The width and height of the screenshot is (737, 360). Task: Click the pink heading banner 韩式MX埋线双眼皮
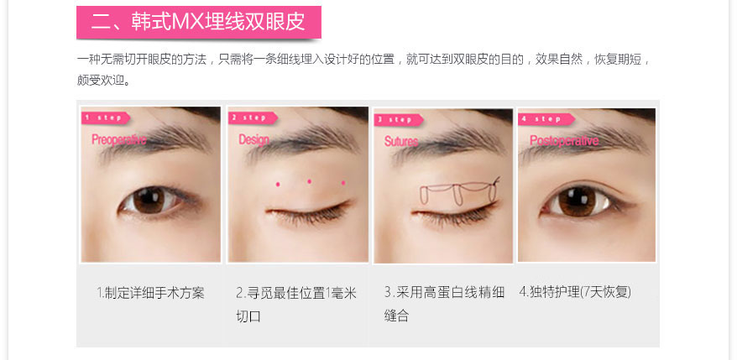pos(199,22)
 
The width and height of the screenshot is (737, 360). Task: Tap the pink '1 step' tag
pos(105,117)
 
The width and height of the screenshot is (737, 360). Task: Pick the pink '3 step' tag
pos(398,120)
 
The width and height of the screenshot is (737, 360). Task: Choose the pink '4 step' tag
pos(546,119)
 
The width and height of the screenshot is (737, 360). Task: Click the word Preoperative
pos(119,139)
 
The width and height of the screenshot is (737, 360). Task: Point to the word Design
pos(254,139)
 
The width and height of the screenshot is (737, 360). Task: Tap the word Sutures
pos(401,142)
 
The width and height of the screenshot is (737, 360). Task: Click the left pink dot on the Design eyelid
pos(278,184)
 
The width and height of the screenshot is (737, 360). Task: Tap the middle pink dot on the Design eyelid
pos(309,181)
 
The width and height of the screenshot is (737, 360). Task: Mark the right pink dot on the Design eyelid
pos(343,182)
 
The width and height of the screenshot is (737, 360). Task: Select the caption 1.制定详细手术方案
pos(150,293)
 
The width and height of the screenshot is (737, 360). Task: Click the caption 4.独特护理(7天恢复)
pos(575,292)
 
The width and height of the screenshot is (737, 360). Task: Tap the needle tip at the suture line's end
pos(499,178)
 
